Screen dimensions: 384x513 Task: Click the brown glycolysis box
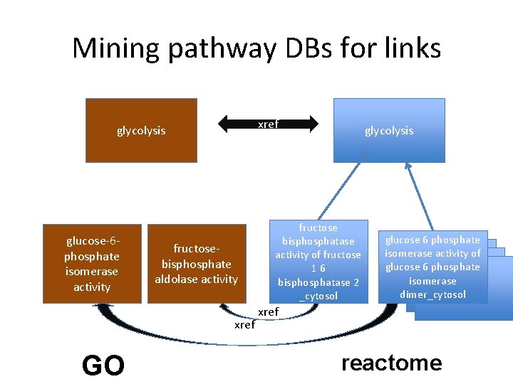pos(141,130)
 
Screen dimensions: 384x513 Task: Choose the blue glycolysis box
pos(389,130)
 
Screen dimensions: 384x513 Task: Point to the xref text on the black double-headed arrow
pos(268,124)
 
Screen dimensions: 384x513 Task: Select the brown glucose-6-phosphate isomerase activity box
pos(93,264)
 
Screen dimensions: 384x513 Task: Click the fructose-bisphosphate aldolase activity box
pos(197,264)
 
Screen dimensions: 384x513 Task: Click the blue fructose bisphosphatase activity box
pos(318,261)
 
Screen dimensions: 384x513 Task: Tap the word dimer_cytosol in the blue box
pos(432,294)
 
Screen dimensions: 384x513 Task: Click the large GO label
pos(103,365)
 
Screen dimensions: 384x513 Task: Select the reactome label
pos(391,363)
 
